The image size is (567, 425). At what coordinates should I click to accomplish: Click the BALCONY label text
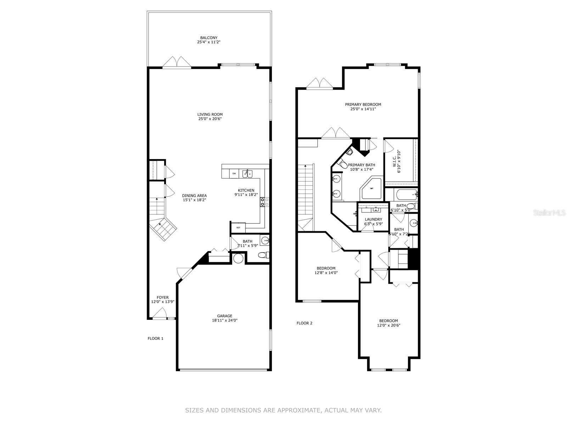[x=209, y=38]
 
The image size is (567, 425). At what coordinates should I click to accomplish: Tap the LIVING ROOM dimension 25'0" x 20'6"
[x=210, y=119]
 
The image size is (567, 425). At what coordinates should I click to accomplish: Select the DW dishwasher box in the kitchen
[x=234, y=174]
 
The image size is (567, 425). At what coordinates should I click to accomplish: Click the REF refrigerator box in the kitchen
[x=238, y=227]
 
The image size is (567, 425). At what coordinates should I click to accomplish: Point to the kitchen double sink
[x=247, y=174]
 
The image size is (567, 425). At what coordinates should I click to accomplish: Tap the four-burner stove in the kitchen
[x=264, y=202]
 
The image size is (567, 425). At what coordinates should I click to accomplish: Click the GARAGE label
[x=225, y=316]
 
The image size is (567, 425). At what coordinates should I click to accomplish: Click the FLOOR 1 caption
[x=155, y=339]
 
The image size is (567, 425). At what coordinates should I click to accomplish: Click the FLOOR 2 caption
[x=304, y=323]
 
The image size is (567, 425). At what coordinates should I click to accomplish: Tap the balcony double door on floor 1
[x=177, y=62]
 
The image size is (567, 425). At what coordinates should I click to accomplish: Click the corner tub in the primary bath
[x=371, y=188]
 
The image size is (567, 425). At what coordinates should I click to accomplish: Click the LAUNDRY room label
[x=373, y=219]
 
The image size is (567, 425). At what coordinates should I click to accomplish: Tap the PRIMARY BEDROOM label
[x=363, y=104]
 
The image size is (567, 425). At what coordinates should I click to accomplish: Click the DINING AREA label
[x=194, y=195]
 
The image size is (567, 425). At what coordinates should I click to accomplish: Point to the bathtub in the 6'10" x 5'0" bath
[x=406, y=194]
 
